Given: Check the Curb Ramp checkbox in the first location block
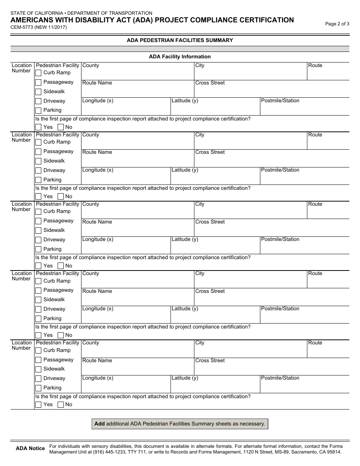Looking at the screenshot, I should click(x=38, y=73).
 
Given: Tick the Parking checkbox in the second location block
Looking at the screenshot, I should click(x=38, y=180).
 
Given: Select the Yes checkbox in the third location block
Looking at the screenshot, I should click(x=38, y=266).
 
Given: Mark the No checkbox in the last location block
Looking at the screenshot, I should click(x=61, y=405).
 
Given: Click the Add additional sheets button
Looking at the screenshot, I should click(x=180, y=424).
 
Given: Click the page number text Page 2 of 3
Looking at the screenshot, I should click(x=337, y=23).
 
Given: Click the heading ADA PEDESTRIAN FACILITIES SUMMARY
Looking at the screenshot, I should click(x=180, y=40).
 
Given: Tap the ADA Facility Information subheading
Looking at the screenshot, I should click(x=180, y=57).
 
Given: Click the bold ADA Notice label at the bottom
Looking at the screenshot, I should click(x=30, y=449).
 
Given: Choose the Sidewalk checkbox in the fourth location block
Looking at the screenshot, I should click(x=38, y=300).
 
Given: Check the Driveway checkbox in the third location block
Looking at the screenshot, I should click(x=38, y=240).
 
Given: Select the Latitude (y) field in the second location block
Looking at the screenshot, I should click(x=215, y=178).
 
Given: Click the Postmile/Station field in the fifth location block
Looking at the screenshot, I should click(x=304, y=386).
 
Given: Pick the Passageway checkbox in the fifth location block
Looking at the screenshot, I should click(x=38, y=360).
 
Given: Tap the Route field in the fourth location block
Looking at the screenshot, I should click(x=328, y=281).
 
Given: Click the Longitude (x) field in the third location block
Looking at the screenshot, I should click(x=125, y=247).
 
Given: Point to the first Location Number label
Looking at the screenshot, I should click(x=22, y=68).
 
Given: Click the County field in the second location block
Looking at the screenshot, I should click(x=137, y=143).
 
